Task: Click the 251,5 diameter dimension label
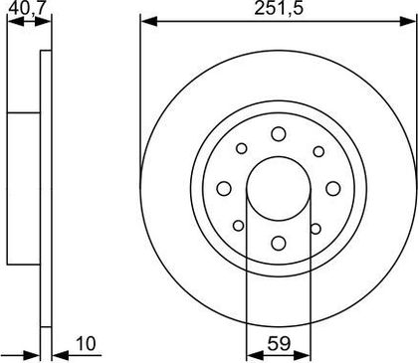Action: tap(279, 9)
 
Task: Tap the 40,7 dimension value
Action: tap(27, 9)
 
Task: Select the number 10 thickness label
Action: tap(86, 343)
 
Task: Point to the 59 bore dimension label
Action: tap(279, 343)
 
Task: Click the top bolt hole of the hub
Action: tap(279, 134)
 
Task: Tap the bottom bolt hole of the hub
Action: tap(279, 243)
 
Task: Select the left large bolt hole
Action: tap(224, 189)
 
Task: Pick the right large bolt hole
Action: tap(333, 189)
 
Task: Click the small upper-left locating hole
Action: tap(242, 148)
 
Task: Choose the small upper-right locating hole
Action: tap(318, 151)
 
